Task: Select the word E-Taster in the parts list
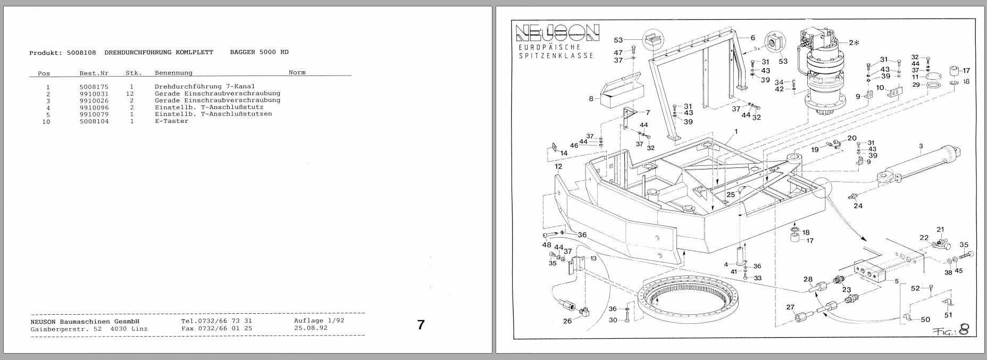pyautogui.click(x=171, y=121)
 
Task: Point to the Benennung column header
pyautogui.click(x=173, y=73)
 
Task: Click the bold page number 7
pyautogui.click(x=421, y=324)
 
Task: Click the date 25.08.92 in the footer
pyautogui.click(x=311, y=328)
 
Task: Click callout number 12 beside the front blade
pyautogui.click(x=558, y=167)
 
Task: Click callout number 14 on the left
pyautogui.click(x=563, y=153)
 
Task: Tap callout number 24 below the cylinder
pyautogui.click(x=858, y=206)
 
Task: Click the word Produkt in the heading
pyautogui.click(x=46, y=53)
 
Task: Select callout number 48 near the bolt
pyautogui.click(x=547, y=245)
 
